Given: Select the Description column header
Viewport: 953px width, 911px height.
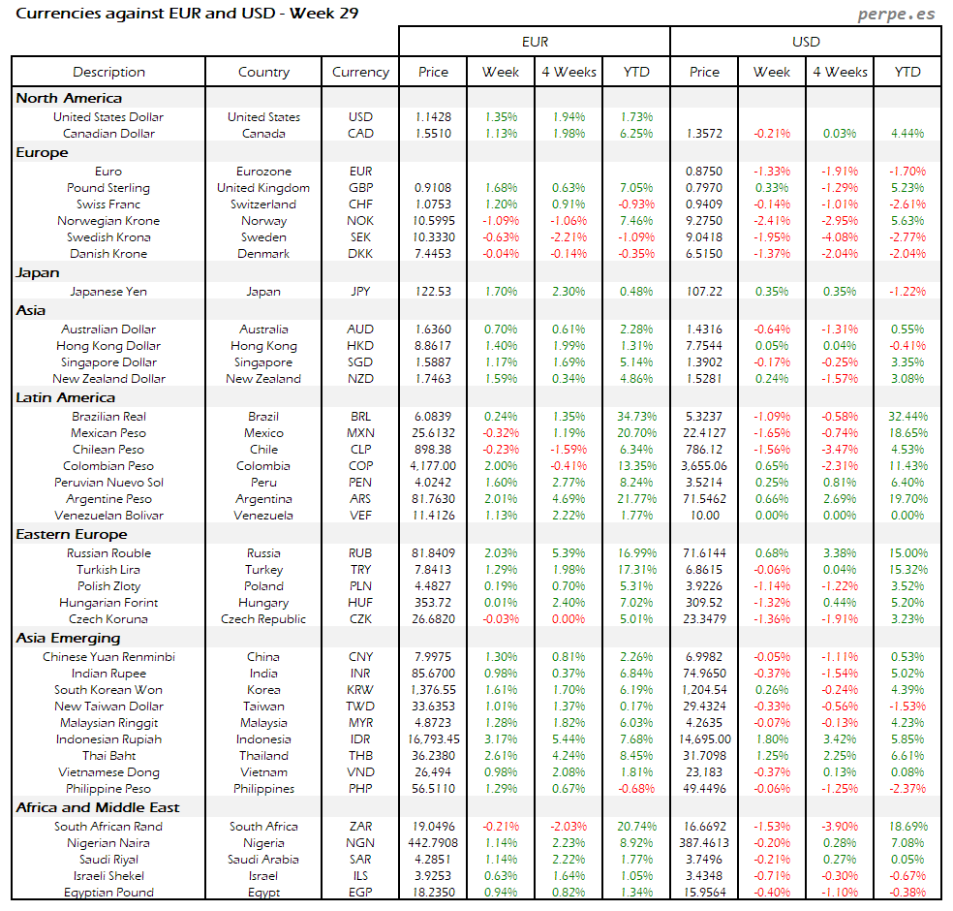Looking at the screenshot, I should (108, 72).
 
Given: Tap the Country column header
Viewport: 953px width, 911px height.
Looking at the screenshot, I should (263, 72).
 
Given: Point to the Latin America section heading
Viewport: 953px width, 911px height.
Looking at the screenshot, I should (66, 397).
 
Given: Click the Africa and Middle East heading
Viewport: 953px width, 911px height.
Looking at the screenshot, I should (98, 807).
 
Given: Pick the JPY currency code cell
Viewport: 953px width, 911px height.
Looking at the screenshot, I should (360, 292).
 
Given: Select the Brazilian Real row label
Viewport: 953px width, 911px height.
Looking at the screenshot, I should (108, 417).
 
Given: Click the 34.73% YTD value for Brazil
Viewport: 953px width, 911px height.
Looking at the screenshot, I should (636, 417).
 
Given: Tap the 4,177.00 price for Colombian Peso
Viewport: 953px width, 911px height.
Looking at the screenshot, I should (433, 466).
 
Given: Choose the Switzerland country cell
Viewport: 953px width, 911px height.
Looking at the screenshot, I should (263, 204).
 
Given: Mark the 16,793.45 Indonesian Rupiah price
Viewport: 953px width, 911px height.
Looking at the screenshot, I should (433, 739).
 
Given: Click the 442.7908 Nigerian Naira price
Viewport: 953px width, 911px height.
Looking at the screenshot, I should (433, 843).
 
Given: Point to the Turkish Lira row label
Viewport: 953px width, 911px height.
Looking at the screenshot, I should (108, 570).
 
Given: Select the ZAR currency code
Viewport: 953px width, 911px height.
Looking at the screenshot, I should (360, 827).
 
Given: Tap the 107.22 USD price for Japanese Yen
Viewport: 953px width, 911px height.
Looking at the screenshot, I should (704, 292).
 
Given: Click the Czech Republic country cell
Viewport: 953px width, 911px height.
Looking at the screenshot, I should (263, 619).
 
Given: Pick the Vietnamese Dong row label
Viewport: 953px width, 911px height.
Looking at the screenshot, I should (108, 772).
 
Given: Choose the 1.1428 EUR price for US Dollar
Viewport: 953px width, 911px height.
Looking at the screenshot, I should (433, 117).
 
